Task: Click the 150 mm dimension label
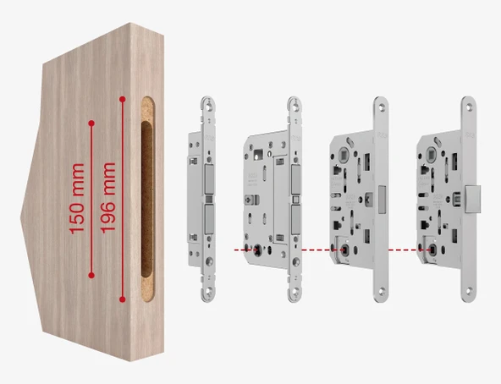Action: tap(77, 199)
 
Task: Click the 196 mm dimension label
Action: tap(107, 198)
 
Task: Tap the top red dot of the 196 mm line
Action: tap(123, 99)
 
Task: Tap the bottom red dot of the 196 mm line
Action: tap(122, 299)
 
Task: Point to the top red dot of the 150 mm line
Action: tap(91, 123)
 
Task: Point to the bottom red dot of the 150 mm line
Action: tap(91, 275)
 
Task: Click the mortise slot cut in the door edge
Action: tap(147, 199)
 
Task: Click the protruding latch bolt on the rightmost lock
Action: tap(473, 200)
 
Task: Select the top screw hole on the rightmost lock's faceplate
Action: tap(469, 107)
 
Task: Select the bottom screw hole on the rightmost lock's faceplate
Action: tap(469, 291)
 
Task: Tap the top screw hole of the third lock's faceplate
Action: tap(382, 107)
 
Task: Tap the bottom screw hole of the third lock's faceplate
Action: tap(382, 291)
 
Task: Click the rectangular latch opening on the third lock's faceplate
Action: tap(383, 200)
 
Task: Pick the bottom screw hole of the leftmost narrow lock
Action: tap(209, 291)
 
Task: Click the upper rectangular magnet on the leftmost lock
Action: tap(209, 179)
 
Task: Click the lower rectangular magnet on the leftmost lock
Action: tap(209, 219)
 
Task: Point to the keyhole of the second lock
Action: tap(257, 250)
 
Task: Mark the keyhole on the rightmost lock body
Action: tap(432, 250)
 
